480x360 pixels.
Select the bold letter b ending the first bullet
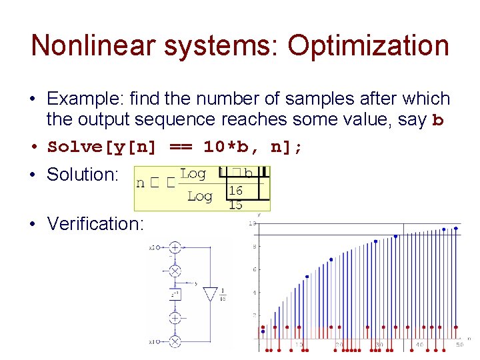438,121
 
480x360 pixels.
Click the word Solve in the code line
73,147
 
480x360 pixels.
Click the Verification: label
95,223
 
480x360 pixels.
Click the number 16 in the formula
235,191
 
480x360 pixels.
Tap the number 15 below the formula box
235,205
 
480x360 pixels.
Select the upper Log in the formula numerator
193,174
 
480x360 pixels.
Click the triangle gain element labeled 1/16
210,294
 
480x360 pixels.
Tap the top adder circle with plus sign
175,247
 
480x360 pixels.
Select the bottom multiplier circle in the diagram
175,341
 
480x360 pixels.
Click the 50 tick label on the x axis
459,345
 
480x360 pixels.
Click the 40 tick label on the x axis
419,345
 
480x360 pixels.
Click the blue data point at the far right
456,228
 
